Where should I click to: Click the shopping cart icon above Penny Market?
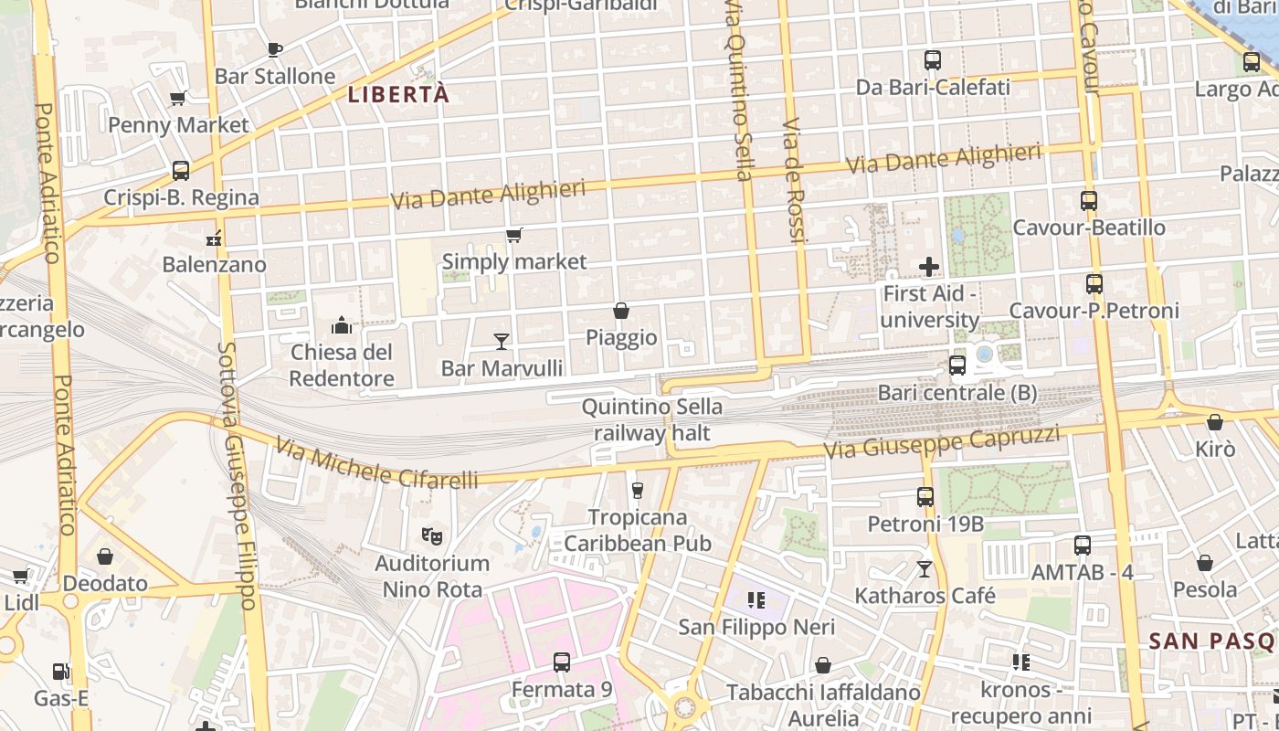[x=178, y=98]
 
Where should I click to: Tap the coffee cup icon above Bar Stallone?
[x=274, y=49]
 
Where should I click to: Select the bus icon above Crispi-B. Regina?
[x=181, y=171]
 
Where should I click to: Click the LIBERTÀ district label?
[x=398, y=94]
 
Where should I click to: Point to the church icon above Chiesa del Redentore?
[x=342, y=325]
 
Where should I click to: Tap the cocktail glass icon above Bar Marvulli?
[x=501, y=342]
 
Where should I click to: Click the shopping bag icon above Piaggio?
[x=621, y=311]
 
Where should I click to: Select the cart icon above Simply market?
[x=514, y=236]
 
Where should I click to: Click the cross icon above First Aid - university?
[x=929, y=267]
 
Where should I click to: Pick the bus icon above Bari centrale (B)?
[x=957, y=365]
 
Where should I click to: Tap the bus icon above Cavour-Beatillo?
[x=1089, y=201]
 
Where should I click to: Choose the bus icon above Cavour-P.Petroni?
[x=1094, y=284]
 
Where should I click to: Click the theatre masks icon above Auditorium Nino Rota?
[x=432, y=535]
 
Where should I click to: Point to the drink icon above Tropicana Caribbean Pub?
[x=638, y=490]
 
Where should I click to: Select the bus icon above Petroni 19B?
[x=925, y=497]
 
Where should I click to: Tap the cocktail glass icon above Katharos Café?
[x=925, y=569]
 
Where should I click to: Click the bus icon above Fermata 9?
[x=562, y=662]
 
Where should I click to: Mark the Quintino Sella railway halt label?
[x=651, y=419]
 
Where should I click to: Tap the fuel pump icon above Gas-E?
[x=60, y=672]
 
